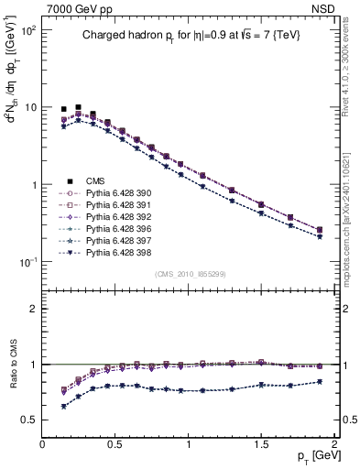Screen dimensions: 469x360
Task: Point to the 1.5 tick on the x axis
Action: (261, 444)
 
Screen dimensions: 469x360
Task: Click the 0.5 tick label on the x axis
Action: (115, 444)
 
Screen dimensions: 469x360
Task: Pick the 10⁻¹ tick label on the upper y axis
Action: (27, 262)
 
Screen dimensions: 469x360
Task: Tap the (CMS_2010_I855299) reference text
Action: (189, 273)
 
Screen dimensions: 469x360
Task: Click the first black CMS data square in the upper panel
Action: (63, 109)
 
